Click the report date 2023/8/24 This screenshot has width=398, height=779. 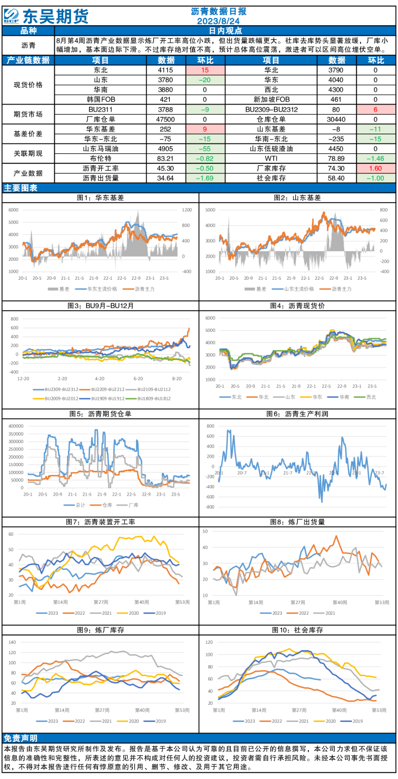(x=218, y=21)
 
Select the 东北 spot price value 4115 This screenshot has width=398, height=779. (x=166, y=70)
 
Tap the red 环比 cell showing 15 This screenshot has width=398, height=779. (x=205, y=70)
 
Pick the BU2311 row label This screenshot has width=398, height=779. (x=100, y=110)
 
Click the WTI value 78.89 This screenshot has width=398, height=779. (x=336, y=159)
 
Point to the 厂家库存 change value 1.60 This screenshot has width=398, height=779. (x=376, y=169)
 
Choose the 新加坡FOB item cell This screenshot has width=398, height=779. (x=271, y=100)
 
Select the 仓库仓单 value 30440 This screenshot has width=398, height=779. (x=336, y=119)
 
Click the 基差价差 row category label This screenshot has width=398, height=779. (x=28, y=134)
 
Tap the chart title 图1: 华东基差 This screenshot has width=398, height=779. (x=100, y=198)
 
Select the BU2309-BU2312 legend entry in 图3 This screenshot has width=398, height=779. (x=56, y=389)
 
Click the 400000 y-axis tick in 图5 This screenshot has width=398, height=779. (x=16, y=426)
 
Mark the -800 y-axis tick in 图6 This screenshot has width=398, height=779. (x=210, y=507)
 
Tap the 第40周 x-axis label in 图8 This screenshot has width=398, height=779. (x=340, y=603)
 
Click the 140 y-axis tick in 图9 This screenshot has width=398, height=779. (x=12, y=643)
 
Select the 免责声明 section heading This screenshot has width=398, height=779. (x=21, y=738)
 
